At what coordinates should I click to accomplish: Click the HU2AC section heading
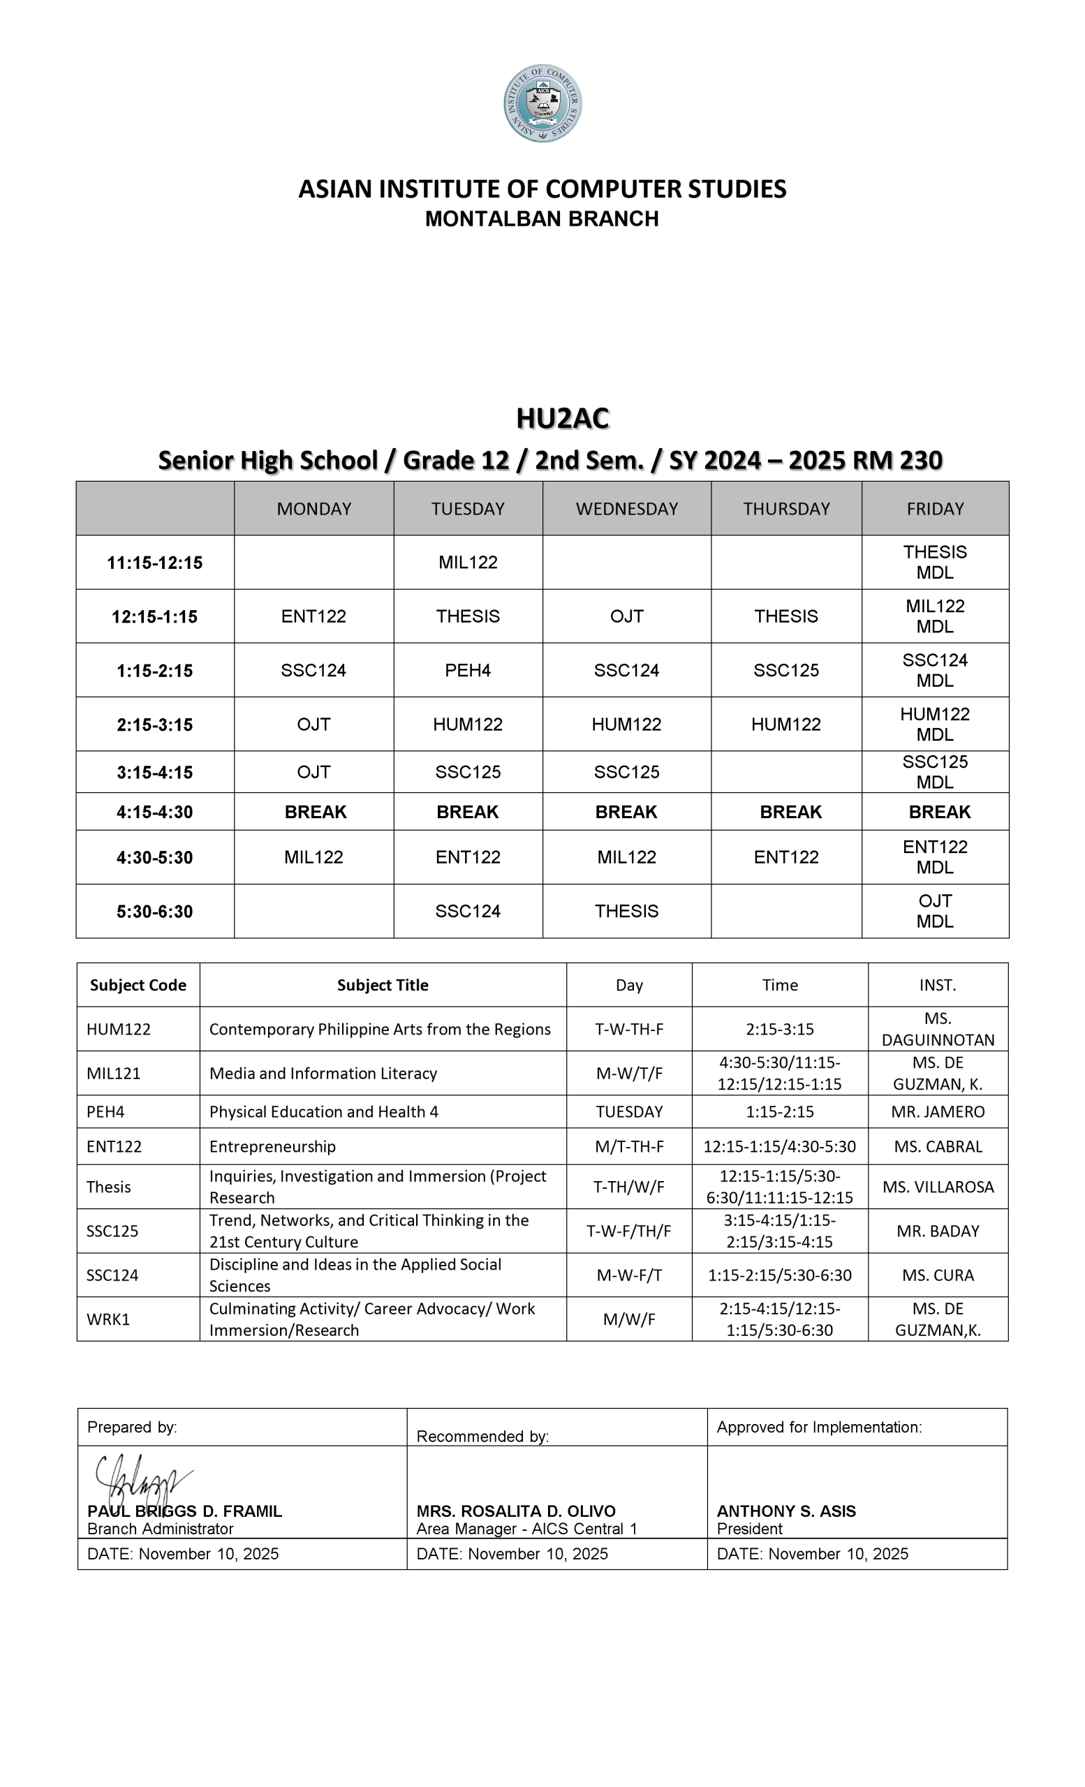(562, 418)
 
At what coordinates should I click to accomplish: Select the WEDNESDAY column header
(626, 508)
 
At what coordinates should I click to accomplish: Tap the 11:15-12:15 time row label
(154, 562)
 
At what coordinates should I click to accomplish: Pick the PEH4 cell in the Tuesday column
(468, 670)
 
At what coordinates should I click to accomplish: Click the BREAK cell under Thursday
(790, 812)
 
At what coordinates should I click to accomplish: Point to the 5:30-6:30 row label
(154, 911)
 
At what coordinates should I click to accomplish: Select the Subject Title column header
(382, 985)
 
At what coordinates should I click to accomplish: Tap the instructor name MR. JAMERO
(937, 1112)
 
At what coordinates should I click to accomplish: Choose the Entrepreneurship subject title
(273, 1147)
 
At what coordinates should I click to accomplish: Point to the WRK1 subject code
(108, 1319)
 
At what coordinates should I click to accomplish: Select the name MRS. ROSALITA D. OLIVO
(516, 1511)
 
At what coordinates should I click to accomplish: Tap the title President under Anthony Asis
(749, 1529)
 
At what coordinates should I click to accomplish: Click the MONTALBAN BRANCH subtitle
(542, 218)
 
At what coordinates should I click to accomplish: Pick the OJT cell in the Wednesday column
(626, 616)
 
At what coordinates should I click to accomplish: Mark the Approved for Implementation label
(819, 1428)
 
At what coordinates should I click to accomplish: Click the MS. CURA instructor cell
(937, 1275)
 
